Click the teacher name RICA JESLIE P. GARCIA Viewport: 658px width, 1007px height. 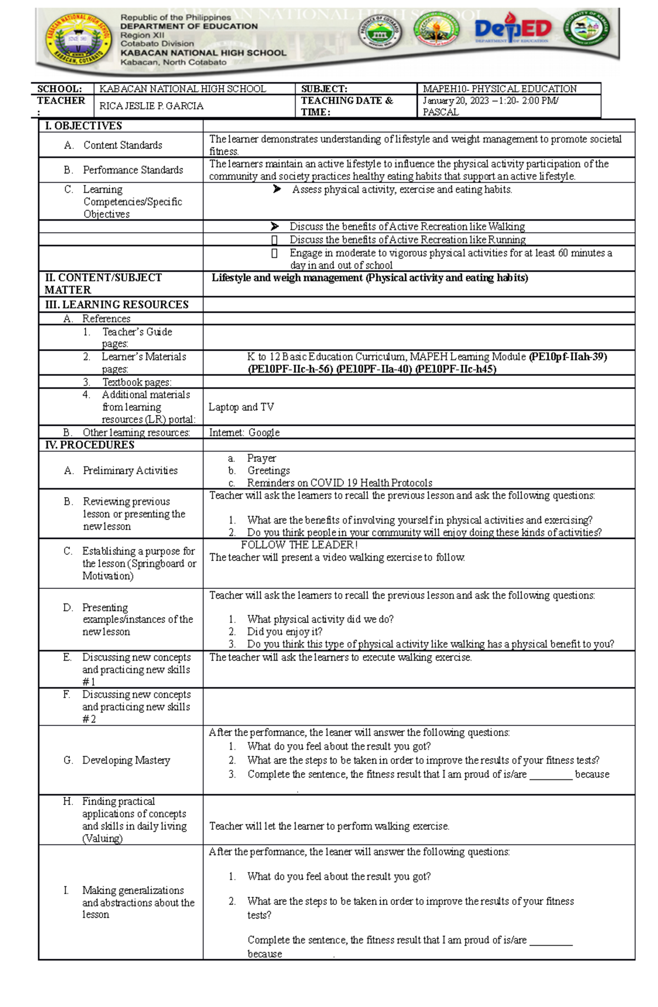[151, 106]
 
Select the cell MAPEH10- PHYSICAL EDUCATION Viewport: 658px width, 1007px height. [500, 89]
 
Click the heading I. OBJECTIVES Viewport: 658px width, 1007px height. [83, 126]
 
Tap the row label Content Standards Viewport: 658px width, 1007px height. [123, 145]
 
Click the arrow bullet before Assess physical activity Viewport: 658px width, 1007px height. [277, 189]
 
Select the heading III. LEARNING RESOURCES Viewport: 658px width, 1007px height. [117, 305]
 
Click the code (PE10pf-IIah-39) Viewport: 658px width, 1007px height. [568, 357]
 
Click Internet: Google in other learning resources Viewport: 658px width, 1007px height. [245, 432]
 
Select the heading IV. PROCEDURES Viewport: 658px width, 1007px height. [89, 445]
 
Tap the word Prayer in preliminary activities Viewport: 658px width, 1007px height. [262, 458]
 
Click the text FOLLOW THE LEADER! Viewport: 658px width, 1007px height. [299, 545]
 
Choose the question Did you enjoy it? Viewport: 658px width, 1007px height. [285, 632]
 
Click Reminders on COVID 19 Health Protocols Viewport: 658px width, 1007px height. [339, 483]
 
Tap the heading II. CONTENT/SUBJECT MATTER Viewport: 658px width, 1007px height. [103, 284]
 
